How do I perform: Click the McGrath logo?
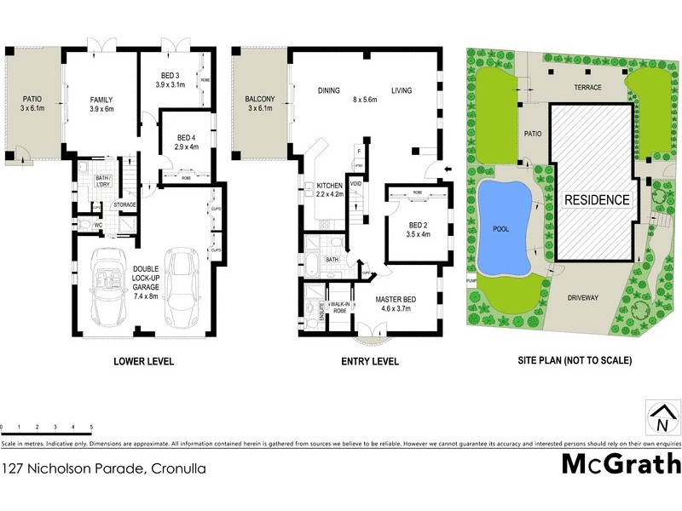pyautogui.click(x=621, y=464)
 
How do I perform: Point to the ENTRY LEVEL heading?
pyautogui.click(x=370, y=361)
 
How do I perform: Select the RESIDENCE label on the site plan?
pyautogui.click(x=597, y=200)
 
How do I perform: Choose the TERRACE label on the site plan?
pyautogui.click(x=587, y=88)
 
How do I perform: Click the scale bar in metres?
pyautogui.click(x=46, y=428)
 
